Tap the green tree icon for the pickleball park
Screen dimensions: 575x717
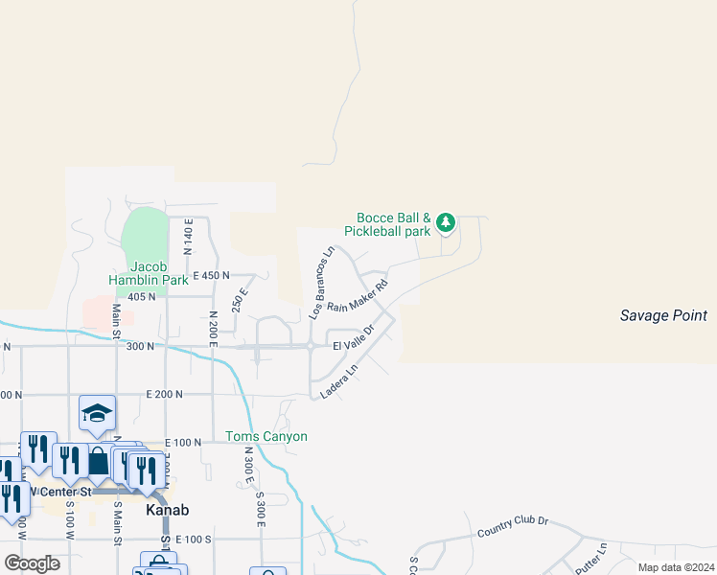[x=445, y=223]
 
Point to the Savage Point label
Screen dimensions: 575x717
[x=662, y=315]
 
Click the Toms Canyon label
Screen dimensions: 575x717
[x=266, y=437]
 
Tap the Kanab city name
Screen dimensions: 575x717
[x=167, y=511]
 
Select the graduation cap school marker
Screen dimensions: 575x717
[x=97, y=413]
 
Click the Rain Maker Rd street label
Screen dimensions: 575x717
[x=358, y=295]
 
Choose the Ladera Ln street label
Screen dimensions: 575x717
[x=338, y=380]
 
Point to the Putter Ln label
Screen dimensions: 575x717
[x=590, y=557]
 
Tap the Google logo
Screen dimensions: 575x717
[x=32, y=563]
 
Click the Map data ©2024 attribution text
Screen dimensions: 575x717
[x=675, y=567]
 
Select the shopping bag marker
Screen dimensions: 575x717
[x=99, y=461]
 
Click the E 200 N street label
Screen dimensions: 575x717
[x=164, y=394]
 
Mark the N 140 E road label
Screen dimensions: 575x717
[x=189, y=235]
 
